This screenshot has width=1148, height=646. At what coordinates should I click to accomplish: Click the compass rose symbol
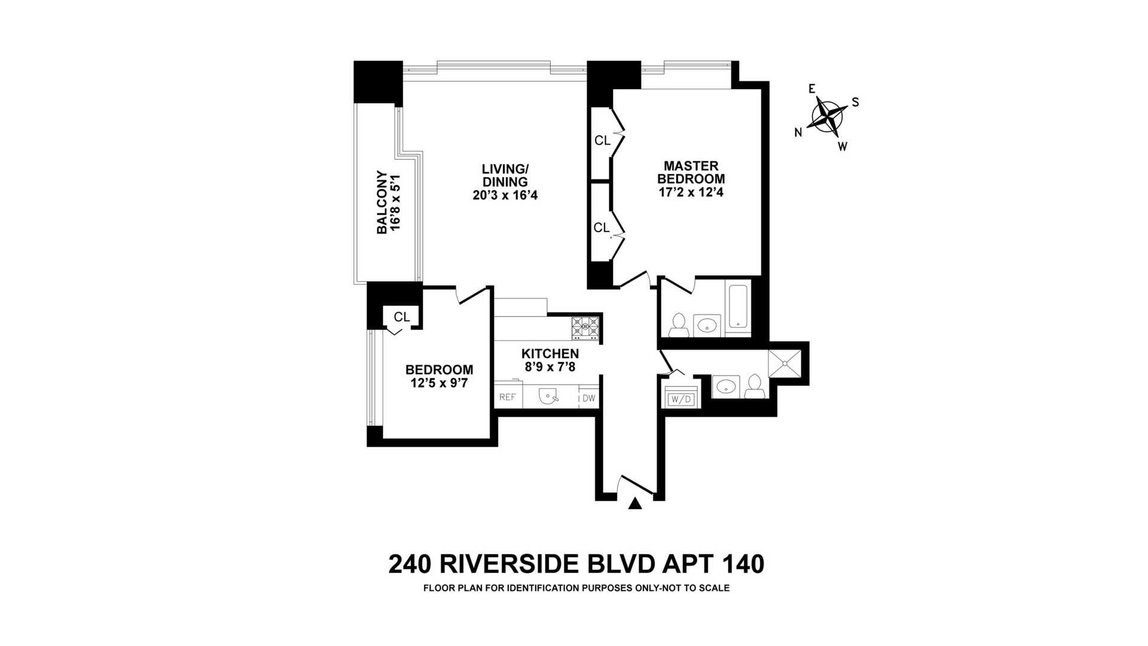[x=827, y=115]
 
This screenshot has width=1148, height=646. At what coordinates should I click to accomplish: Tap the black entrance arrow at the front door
[x=635, y=504]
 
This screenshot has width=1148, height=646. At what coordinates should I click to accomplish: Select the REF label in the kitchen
[x=508, y=397]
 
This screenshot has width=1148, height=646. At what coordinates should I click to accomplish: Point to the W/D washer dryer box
[x=680, y=398]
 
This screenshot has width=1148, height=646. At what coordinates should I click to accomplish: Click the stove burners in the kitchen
[x=585, y=327]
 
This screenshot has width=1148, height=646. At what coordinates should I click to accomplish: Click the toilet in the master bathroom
[x=678, y=324]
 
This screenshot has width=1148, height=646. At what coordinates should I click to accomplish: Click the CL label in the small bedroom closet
[x=402, y=316]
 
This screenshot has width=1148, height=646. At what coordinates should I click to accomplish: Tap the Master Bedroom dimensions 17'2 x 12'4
[x=691, y=192]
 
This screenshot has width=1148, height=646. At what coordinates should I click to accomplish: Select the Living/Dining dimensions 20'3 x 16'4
[x=505, y=195]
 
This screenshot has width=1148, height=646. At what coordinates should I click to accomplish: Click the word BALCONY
[x=381, y=202]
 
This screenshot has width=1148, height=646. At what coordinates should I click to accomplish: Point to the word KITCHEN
[x=550, y=354]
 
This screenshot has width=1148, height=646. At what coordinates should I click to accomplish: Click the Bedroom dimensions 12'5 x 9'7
[x=439, y=383]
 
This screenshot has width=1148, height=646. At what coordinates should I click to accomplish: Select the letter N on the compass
[x=798, y=133]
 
